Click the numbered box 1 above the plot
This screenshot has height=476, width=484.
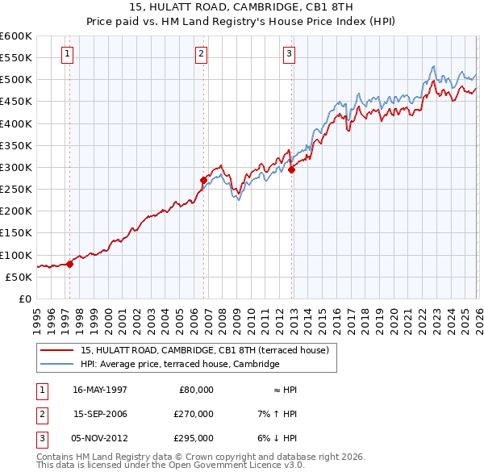pos(66,54)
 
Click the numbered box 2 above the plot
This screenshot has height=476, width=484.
pos(201,54)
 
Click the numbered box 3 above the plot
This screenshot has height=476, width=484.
pos(289,54)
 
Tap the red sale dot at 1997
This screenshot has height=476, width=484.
pos(70,263)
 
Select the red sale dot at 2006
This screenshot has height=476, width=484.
pos(203,180)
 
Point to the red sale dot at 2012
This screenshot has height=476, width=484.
pos(291,169)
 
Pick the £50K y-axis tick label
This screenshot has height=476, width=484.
pos(19,277)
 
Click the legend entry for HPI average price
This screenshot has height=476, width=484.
pos(179,365)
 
